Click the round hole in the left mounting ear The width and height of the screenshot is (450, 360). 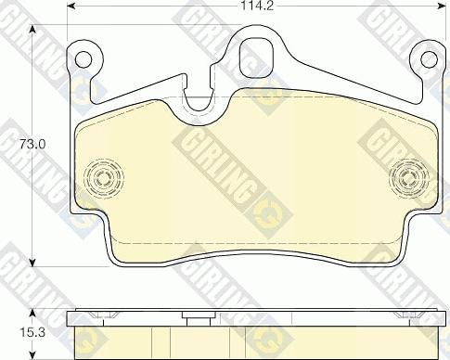coord(84,60)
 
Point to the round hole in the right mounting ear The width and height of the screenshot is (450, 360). coord(428,60)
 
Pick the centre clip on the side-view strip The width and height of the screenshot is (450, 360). coord(196,319)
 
